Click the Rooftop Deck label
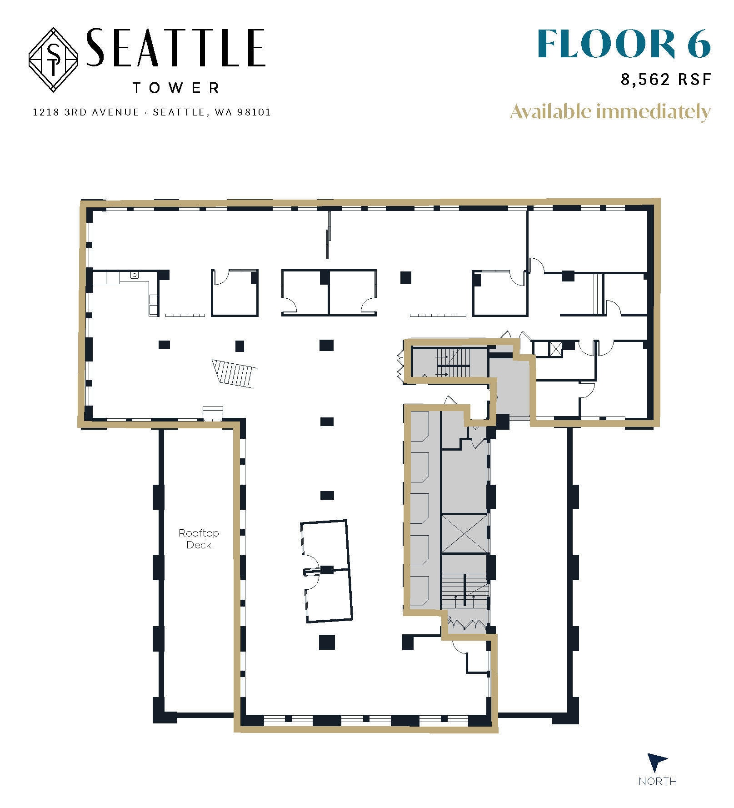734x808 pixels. (x=199, y=538)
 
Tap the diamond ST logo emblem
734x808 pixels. (x=54, y=60)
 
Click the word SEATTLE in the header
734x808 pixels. (x=175, y=48)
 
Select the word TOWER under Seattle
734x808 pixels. (x=176, y=88)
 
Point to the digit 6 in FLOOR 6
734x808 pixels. (x=698, y=44)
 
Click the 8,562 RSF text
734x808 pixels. (x=665, y=80)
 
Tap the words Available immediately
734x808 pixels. (x=610, y=112)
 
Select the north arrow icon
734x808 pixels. (x=656, y=762)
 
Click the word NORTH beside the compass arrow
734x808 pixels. (x=657, y=781)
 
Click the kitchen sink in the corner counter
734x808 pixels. (x=135, y=275)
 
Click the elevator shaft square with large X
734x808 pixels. (x=464, y=534)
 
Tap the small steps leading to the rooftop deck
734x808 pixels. (x=213, y=413)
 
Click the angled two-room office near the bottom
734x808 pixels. (x=327, y=571)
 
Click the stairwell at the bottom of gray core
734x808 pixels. (x=464, y=590)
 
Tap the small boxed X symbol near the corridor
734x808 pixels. (x=555, y=348)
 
